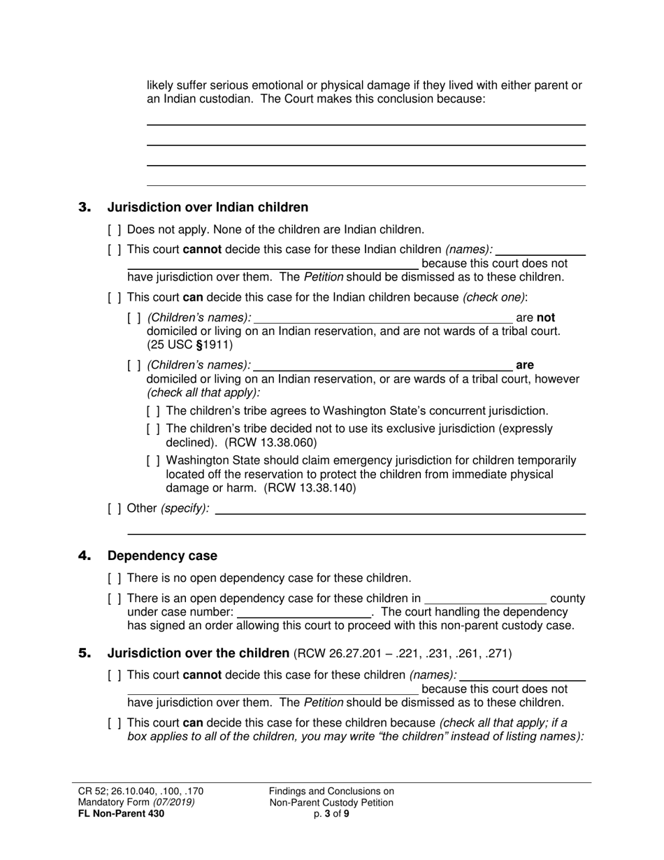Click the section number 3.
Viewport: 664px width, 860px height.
[85, 207]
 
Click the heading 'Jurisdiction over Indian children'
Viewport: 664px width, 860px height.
[208, 207]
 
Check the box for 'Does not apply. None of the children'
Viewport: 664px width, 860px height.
[115, 230]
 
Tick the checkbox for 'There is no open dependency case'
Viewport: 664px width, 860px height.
[115, 578]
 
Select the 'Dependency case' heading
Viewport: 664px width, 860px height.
[162, 556]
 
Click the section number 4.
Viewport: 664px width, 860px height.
[85, 556]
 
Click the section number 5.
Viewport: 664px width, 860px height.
[85, 654]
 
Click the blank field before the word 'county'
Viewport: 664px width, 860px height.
[485, 599]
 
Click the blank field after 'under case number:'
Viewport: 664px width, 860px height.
[304, 612]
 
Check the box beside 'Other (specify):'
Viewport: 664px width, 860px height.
[115, 508]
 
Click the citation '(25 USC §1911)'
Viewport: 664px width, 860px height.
[189, 345]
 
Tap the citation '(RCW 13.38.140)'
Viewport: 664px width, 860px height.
[310, 488]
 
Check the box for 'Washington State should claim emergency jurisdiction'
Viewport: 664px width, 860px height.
[154, 461]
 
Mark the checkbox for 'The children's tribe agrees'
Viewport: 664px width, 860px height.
[154, 411]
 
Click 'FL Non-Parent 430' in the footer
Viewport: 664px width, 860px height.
[122, 813]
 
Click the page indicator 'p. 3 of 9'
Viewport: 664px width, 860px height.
[331, 813]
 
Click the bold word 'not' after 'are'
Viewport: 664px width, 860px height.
[546, 317]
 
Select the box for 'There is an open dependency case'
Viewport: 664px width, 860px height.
[115, 599]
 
